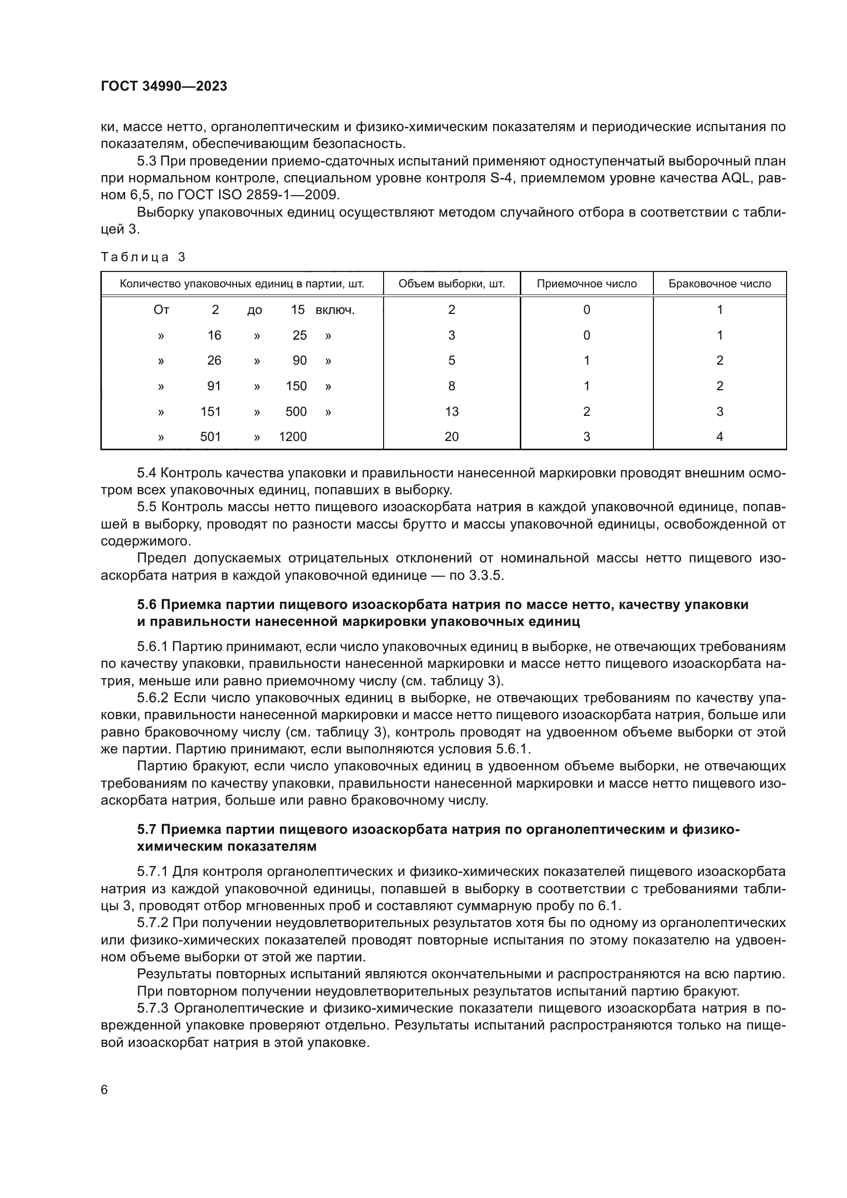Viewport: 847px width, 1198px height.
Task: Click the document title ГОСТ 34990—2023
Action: click(x=164, y=87)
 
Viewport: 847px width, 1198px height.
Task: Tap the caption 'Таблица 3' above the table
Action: click(x=143, y=257)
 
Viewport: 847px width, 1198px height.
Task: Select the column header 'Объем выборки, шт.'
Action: click(x=451, y=284)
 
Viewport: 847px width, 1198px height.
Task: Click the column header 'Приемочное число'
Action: click(x=586, y=284)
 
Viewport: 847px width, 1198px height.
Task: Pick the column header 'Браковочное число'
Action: click(x=719, y=284)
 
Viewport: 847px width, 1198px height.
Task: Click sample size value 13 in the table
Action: click(x=451, y=412)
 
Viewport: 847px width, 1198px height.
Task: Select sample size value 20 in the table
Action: click(x=451, y=437)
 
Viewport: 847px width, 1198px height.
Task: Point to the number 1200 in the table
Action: click(x=292, y=437)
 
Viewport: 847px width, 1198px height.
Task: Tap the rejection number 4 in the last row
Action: click(x=719, y=437)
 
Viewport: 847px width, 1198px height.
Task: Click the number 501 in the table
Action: click(x=210, y=437)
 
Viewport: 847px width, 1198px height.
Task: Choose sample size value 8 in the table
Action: click(x=451, y=386)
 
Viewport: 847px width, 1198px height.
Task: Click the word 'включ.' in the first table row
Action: click(x=335, y=310)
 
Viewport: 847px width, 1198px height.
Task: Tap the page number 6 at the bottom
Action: click(x=104, y=1090)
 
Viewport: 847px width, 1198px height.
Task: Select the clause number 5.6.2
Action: click(x=153, y=698)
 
